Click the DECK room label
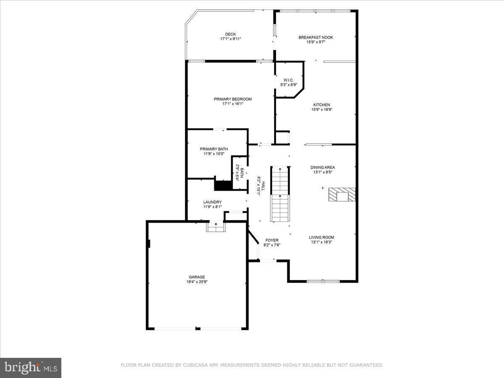[230, 34]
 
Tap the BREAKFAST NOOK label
[315, 37]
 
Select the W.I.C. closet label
[288, 80]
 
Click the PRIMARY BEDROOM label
[233, 99]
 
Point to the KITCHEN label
[322, 105]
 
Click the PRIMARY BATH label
[214, 149]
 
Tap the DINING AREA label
[323, 167]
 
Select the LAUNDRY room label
[212, 202]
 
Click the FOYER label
[271, 240]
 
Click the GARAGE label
[197, 277]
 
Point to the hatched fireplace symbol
[342, 195]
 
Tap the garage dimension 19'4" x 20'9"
[197, 282]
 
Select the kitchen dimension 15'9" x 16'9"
[322, 110]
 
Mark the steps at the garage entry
[216, 227]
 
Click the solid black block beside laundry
[223, 185]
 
